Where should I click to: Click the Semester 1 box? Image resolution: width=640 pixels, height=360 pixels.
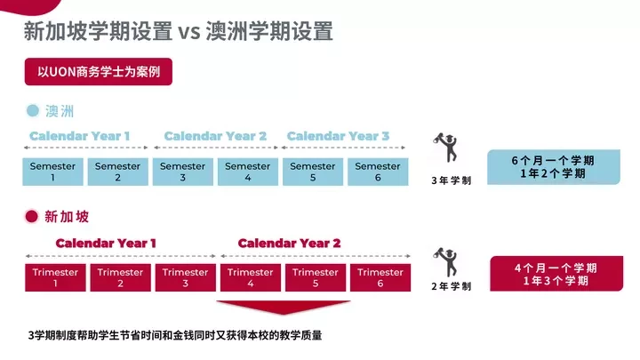[52, 172]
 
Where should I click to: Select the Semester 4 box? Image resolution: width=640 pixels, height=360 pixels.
[248, 172]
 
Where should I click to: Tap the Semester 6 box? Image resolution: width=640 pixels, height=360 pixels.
[378, 172]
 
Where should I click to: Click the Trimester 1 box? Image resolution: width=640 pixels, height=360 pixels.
[55, 277]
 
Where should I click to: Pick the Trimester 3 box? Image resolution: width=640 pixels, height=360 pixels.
[185, 277]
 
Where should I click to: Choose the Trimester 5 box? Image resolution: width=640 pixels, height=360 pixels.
[316, 277]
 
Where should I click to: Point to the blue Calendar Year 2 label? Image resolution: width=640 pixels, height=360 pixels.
[215, 136]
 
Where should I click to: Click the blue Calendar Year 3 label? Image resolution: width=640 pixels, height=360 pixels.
[338, 136]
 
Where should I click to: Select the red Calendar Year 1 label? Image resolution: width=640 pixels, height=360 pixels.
[106, 244]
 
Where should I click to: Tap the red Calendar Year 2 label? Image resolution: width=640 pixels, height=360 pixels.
[289, 244]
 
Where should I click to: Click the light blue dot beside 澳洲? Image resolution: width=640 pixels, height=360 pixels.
[33, 110]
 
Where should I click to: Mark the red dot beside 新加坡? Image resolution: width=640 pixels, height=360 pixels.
[31, 216]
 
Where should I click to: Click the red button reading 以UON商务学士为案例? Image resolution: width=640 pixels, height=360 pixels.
[99, 72]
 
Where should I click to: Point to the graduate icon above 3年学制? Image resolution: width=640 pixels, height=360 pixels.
[446, 147]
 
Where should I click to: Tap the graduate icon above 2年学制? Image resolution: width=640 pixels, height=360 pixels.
[446, 262]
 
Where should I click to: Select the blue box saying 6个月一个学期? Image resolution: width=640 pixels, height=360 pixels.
[554, 167]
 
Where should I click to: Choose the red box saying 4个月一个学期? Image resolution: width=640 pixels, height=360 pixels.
[556, 274]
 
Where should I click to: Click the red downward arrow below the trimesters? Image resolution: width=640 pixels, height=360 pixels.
[284, 307]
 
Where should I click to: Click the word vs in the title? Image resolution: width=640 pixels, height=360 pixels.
[189, 32]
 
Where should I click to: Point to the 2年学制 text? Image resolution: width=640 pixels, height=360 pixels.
[451, 286]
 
